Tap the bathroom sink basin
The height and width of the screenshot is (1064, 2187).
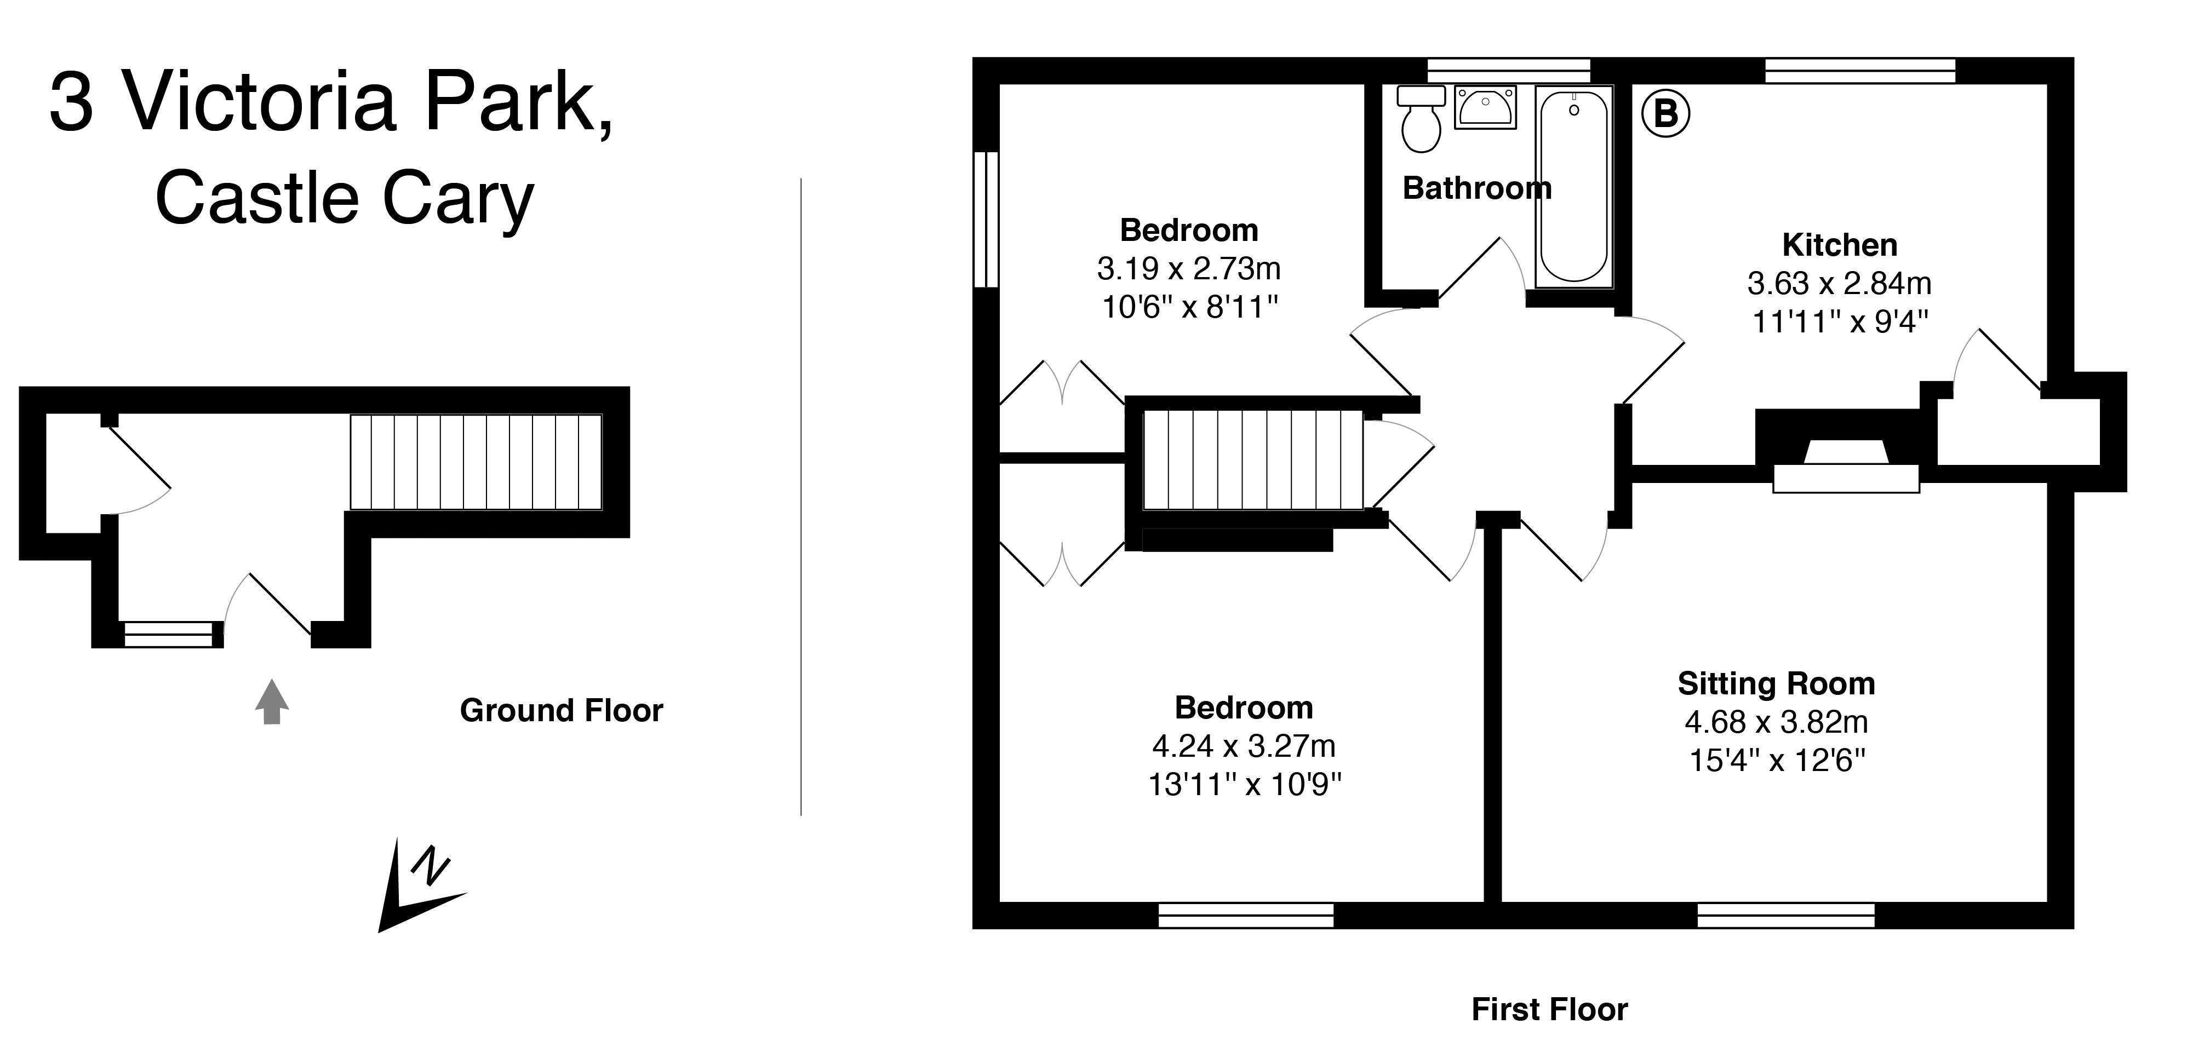(x=1485, y=107)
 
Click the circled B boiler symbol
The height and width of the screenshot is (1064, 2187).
(x=1665, y=114)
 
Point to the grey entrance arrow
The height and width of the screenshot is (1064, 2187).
(x=272, y=701)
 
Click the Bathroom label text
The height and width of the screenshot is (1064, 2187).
(x=1476, y=187)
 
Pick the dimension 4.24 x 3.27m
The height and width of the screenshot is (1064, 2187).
(x=1244, y=746)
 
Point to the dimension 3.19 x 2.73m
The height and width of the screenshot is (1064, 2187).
(x=1189, y=269)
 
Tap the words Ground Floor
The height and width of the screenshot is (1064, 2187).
(x=561, y=710)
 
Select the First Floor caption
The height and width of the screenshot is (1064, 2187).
(x=1549, y=1010)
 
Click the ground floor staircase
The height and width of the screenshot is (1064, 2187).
(x=476, y=462)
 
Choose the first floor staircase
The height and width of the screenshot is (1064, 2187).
(x=1253, y=460)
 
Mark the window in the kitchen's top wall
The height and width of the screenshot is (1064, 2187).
(x=1860, y=71)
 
